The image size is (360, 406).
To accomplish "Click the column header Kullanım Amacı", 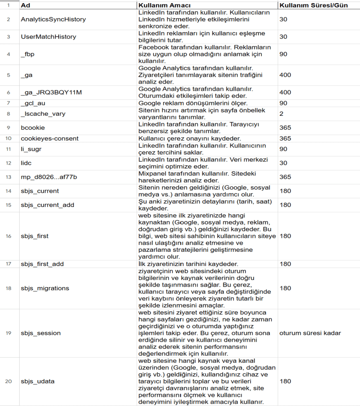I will pyautogui.click(x=164, y=6).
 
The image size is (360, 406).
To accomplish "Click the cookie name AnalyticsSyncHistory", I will pyautogui.click(x=53, y=19).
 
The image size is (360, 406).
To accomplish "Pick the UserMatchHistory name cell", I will pyautogui.click(x=48, y=37).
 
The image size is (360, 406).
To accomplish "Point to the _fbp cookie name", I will pyautogui.click(x=28, y=54).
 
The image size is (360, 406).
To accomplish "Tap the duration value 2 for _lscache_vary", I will pyautogui.click(x=281, y=114).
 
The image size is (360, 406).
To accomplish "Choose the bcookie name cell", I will pyautogui.click(x=33, y=128).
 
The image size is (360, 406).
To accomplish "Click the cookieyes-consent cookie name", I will pyautogui.click(x=50, y=138).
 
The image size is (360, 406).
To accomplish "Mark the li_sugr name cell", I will pyautogui.click(x=30, y=149).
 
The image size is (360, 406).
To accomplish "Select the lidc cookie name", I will pyautogui.click(x=26, y=163).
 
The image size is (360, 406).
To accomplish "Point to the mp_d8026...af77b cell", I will pyautogui.click(x=49, y=177).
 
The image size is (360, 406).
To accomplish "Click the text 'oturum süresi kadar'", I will pyautogui.click(x=310, y=333).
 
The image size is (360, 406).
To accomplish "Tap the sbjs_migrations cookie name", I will pyautogui.click(x=45, y=288).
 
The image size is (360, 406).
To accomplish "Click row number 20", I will pyautogui.click(x=8, y=381).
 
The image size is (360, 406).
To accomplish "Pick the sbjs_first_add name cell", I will pyautogui.click(x=42, y=264).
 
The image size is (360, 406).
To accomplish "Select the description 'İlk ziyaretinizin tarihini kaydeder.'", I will pyautogui.click(x=188, y=264).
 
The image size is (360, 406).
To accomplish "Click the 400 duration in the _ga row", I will pyautogui.click(x=285, y=75).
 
